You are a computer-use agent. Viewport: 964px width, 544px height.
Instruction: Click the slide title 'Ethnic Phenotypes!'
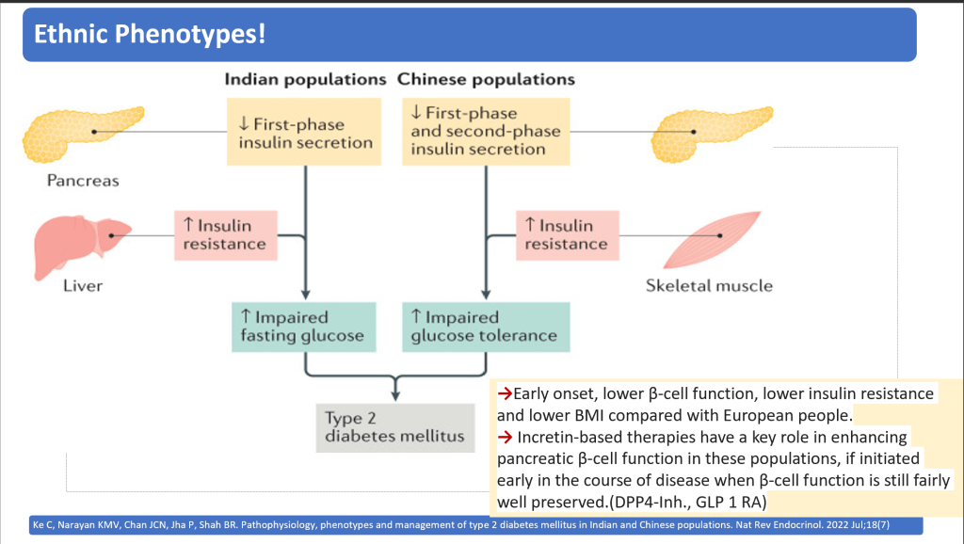coord(150,35)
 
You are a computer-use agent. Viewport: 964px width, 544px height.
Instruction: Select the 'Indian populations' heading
coord(305,79)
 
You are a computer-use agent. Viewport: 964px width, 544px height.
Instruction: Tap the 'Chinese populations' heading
coord(486,79)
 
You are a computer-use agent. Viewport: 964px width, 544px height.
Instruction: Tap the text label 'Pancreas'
coord(83,181)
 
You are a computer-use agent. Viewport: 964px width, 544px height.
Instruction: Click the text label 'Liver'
coord(83,285)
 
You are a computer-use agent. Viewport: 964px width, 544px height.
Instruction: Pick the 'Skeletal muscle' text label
coord(708,285)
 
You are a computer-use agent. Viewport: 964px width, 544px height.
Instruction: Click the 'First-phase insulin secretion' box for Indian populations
coord(305,134)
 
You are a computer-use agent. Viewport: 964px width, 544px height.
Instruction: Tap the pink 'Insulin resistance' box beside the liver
coord(224,234)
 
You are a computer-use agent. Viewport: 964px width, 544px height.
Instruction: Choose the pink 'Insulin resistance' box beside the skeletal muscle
coord(566,234)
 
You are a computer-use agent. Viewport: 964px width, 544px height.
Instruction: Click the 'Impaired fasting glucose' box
coord(304,327)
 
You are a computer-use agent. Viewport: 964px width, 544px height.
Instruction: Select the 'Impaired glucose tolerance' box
coord(486,327)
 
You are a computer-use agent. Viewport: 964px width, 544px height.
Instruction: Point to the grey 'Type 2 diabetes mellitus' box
coord(394,427)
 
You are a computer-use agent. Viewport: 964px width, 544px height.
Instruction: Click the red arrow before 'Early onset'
coord(504,392)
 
